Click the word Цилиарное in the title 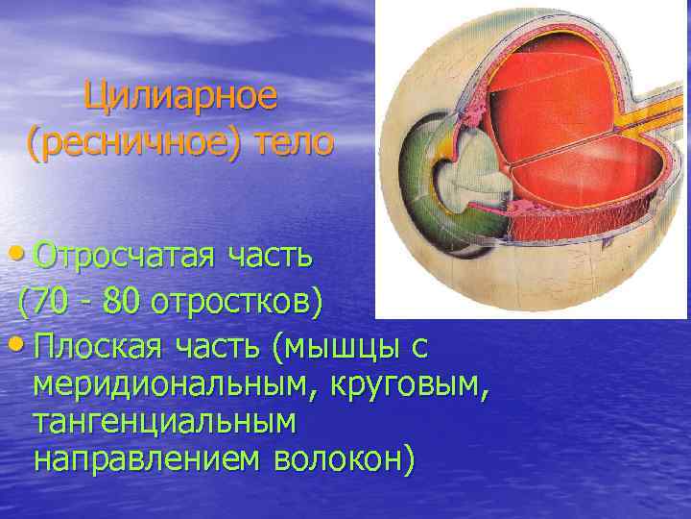point(179,95)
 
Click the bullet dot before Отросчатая point(20,258)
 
